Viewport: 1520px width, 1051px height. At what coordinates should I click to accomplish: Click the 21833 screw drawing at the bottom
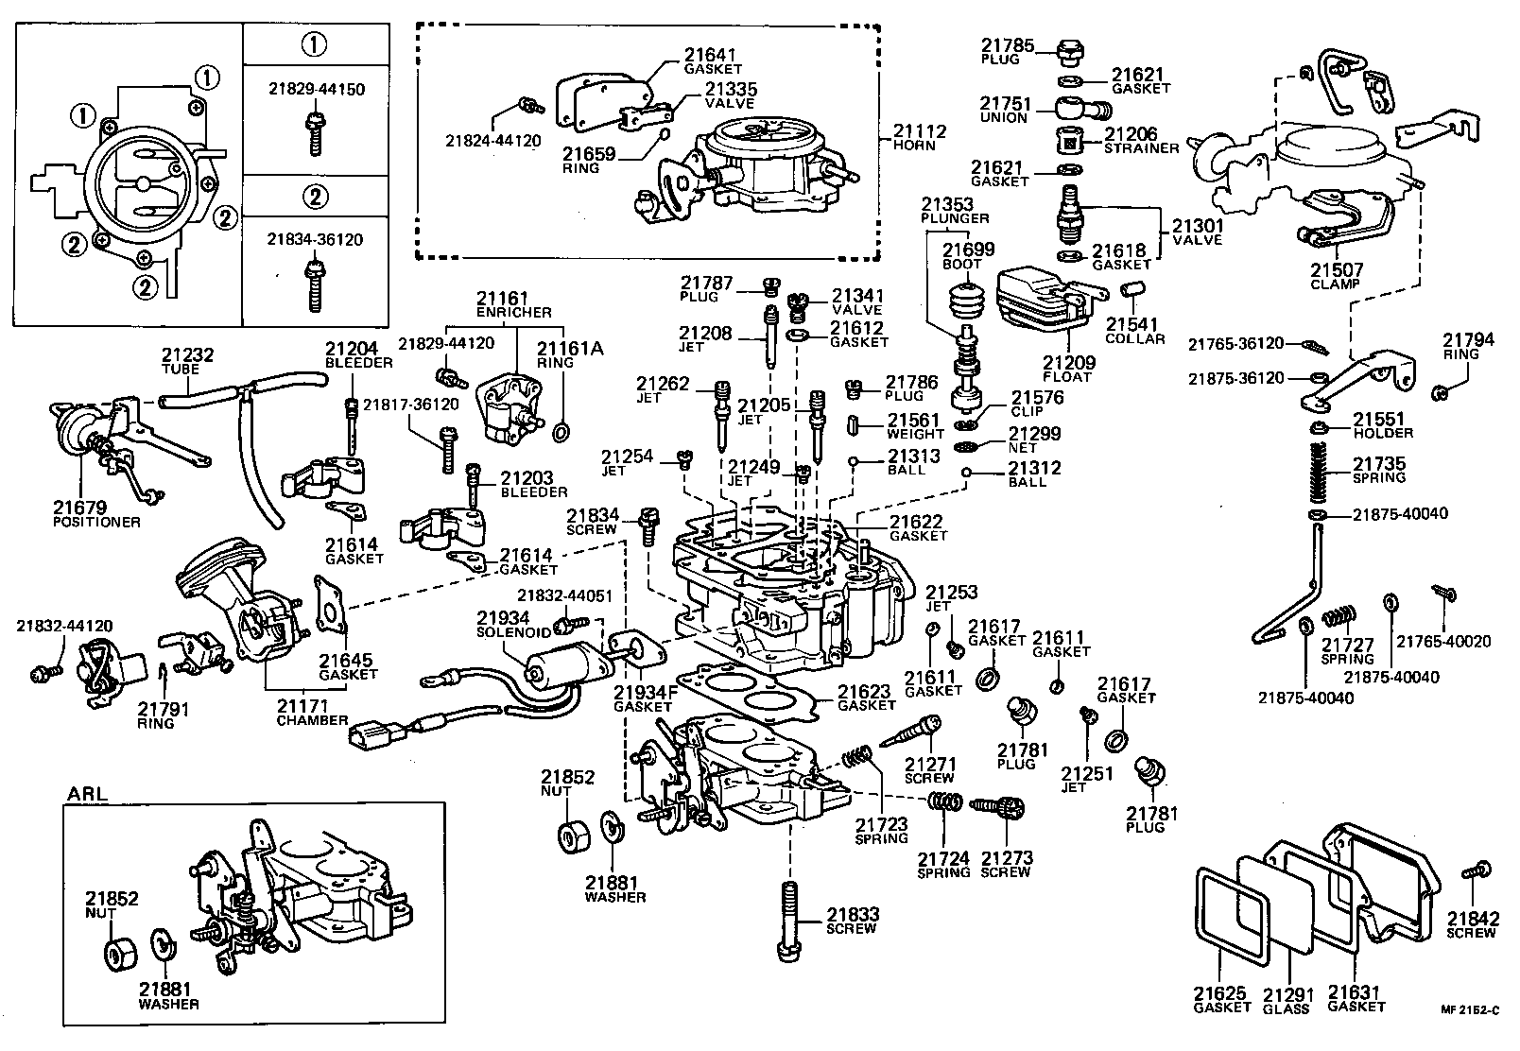[790, 921]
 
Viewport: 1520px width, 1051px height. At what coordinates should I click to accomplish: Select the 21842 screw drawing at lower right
[1477, 871]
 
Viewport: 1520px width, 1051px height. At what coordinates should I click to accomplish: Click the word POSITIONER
[97, 522]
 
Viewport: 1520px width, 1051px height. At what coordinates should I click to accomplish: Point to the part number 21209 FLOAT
[1069, 363]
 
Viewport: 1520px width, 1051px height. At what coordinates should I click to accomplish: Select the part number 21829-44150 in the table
[315, 90]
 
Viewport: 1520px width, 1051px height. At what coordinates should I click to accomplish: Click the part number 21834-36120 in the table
[315, 240]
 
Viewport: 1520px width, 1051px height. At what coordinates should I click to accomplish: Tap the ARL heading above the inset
[87, 793]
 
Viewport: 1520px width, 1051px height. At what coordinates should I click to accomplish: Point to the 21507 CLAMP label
[1335, 276]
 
